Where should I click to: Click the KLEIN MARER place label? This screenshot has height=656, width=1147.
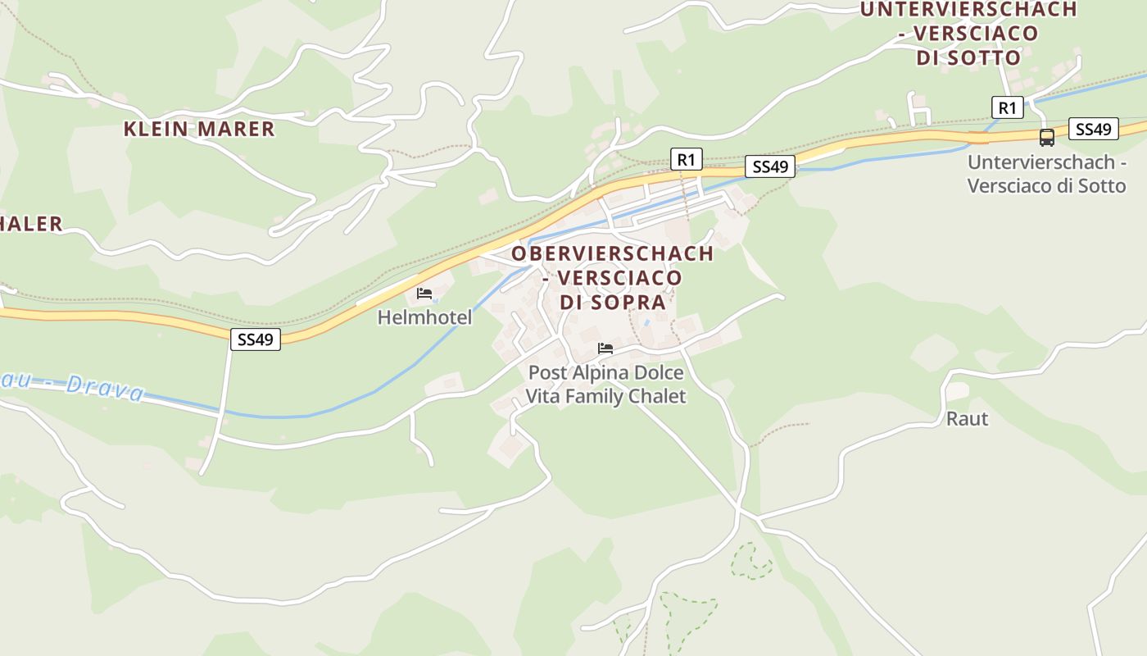[x=199, y=129]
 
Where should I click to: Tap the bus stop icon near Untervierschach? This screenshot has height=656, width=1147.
[x=1046, y=137]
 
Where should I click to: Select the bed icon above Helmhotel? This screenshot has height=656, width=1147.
[x=424, y=294]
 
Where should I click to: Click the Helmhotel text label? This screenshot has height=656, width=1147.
[x=424, y=317]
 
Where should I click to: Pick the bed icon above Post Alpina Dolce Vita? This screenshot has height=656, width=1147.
[x=605, y=348]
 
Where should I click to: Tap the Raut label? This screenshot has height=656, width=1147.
[x=967, y=419]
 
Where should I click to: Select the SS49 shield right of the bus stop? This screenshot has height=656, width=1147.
[x=1093, y=129]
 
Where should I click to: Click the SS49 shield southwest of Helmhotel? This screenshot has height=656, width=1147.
[x=256, y=339]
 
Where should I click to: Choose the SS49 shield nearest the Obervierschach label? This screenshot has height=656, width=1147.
[x=770, y=167]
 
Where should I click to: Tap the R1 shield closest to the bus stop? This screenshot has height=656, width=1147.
[x=1007, y=107]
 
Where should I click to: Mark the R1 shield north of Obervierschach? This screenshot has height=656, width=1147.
[x=687, y=159]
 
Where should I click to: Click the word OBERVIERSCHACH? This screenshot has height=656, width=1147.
[x=612, y=253]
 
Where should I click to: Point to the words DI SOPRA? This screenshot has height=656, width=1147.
[x=612, y=302]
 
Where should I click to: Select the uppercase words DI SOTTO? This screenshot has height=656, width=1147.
[x=968, y=57]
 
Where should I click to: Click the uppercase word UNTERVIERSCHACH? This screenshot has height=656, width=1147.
[x=968, y=10]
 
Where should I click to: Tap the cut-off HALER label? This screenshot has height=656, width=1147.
[x=31, y=224]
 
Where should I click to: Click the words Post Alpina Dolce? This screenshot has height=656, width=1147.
[x=605, y=373]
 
